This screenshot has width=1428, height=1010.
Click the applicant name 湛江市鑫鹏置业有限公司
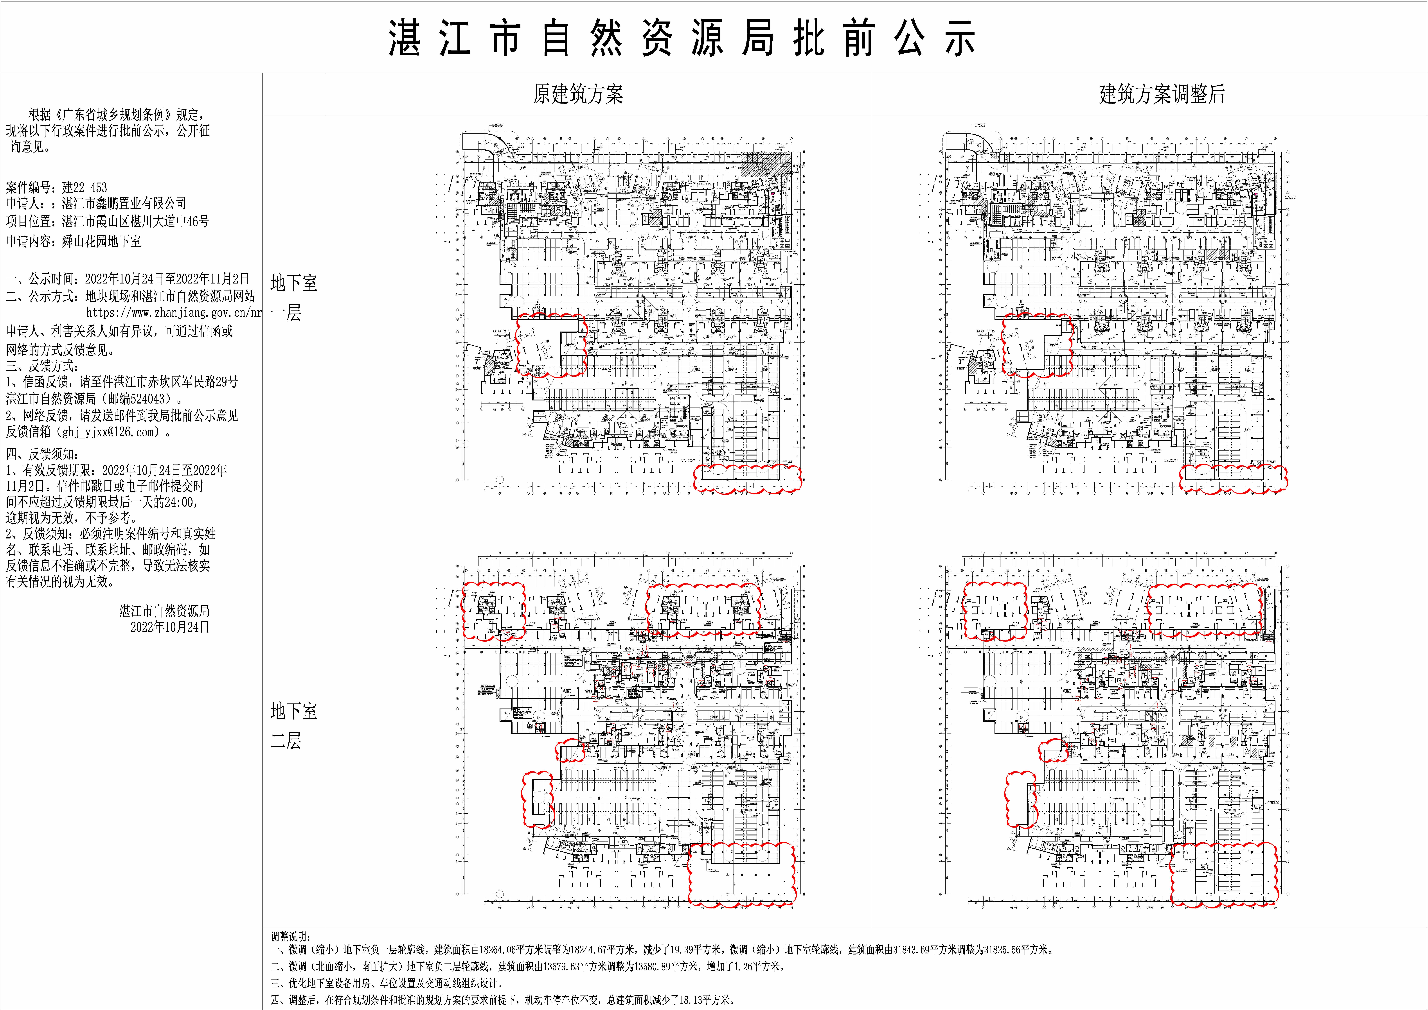(x=124, y=203)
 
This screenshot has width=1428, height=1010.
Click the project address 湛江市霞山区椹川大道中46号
(x=136, y=221)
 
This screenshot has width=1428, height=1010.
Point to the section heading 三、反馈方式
(x=42, y=366)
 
